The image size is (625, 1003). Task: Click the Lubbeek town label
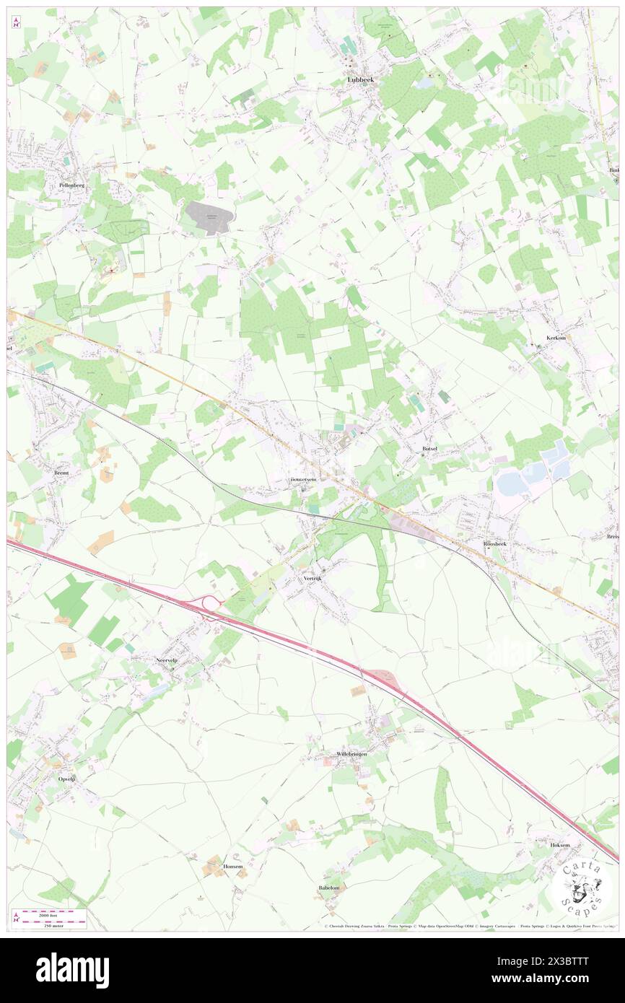coord(365,80)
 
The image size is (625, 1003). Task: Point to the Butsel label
coord(431,449)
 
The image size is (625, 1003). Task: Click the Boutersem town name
coord(304,479)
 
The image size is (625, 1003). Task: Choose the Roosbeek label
coord(495,543)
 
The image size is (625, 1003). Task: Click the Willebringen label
coord(351,753)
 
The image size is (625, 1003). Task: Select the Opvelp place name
coord(66,779)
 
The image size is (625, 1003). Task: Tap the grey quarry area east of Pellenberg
coord(209,214)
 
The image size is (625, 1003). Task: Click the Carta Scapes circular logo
coord(582,885)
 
